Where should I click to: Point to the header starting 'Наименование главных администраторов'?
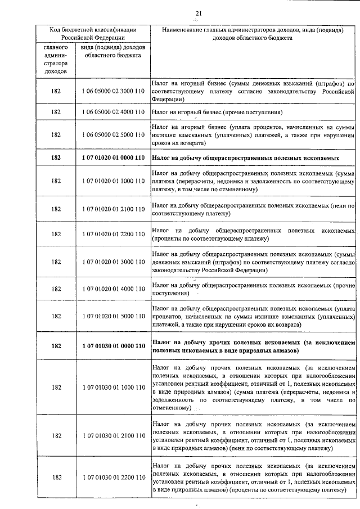(253, 33)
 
